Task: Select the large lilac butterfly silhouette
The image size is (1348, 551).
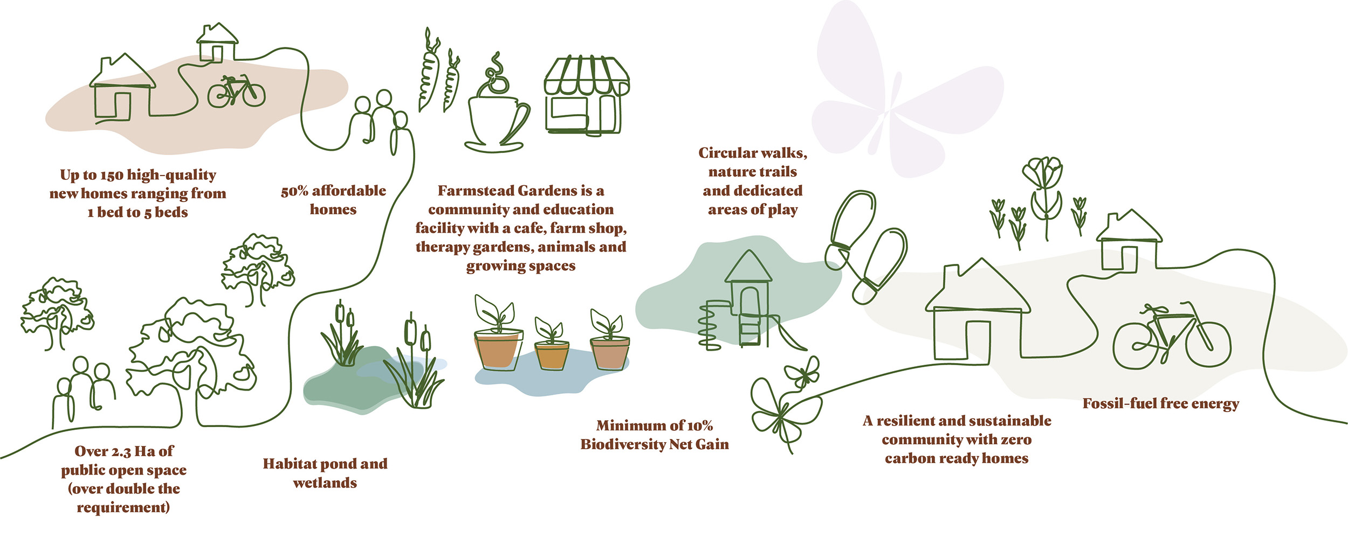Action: pos(906,92)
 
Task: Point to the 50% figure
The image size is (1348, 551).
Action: pos(294,191)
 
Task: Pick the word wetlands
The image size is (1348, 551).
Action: pos(325,483)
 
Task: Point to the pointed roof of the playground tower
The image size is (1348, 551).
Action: pos(748,267)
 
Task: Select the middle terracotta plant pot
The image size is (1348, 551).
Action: pos(552,355)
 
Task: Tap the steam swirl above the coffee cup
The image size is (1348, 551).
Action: pos(496,75)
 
